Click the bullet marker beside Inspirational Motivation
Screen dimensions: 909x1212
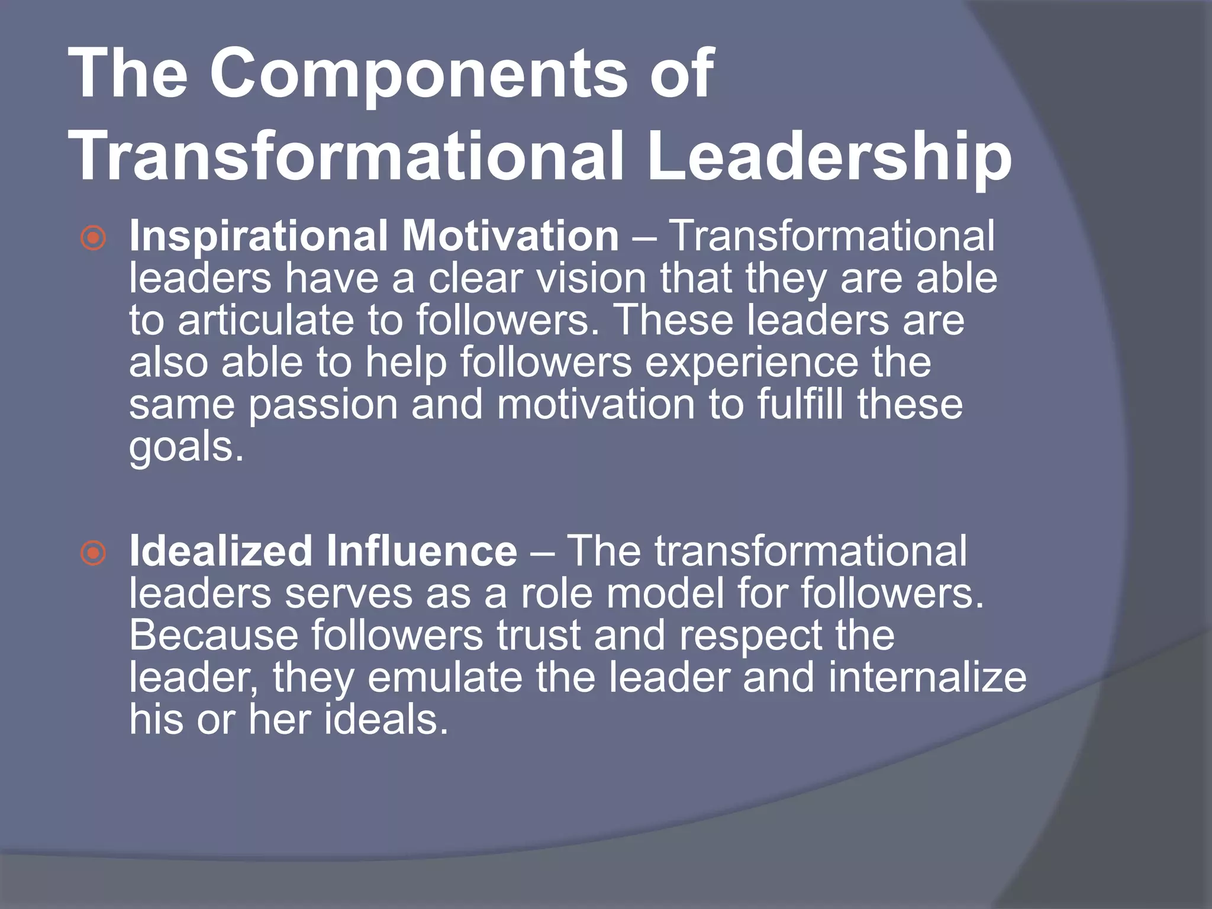(x=94, y=238)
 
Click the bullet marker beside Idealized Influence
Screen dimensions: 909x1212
(x=94, y=554)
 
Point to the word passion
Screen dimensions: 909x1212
(x=323, y=406)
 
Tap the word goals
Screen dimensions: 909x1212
(x=186, y=448)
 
